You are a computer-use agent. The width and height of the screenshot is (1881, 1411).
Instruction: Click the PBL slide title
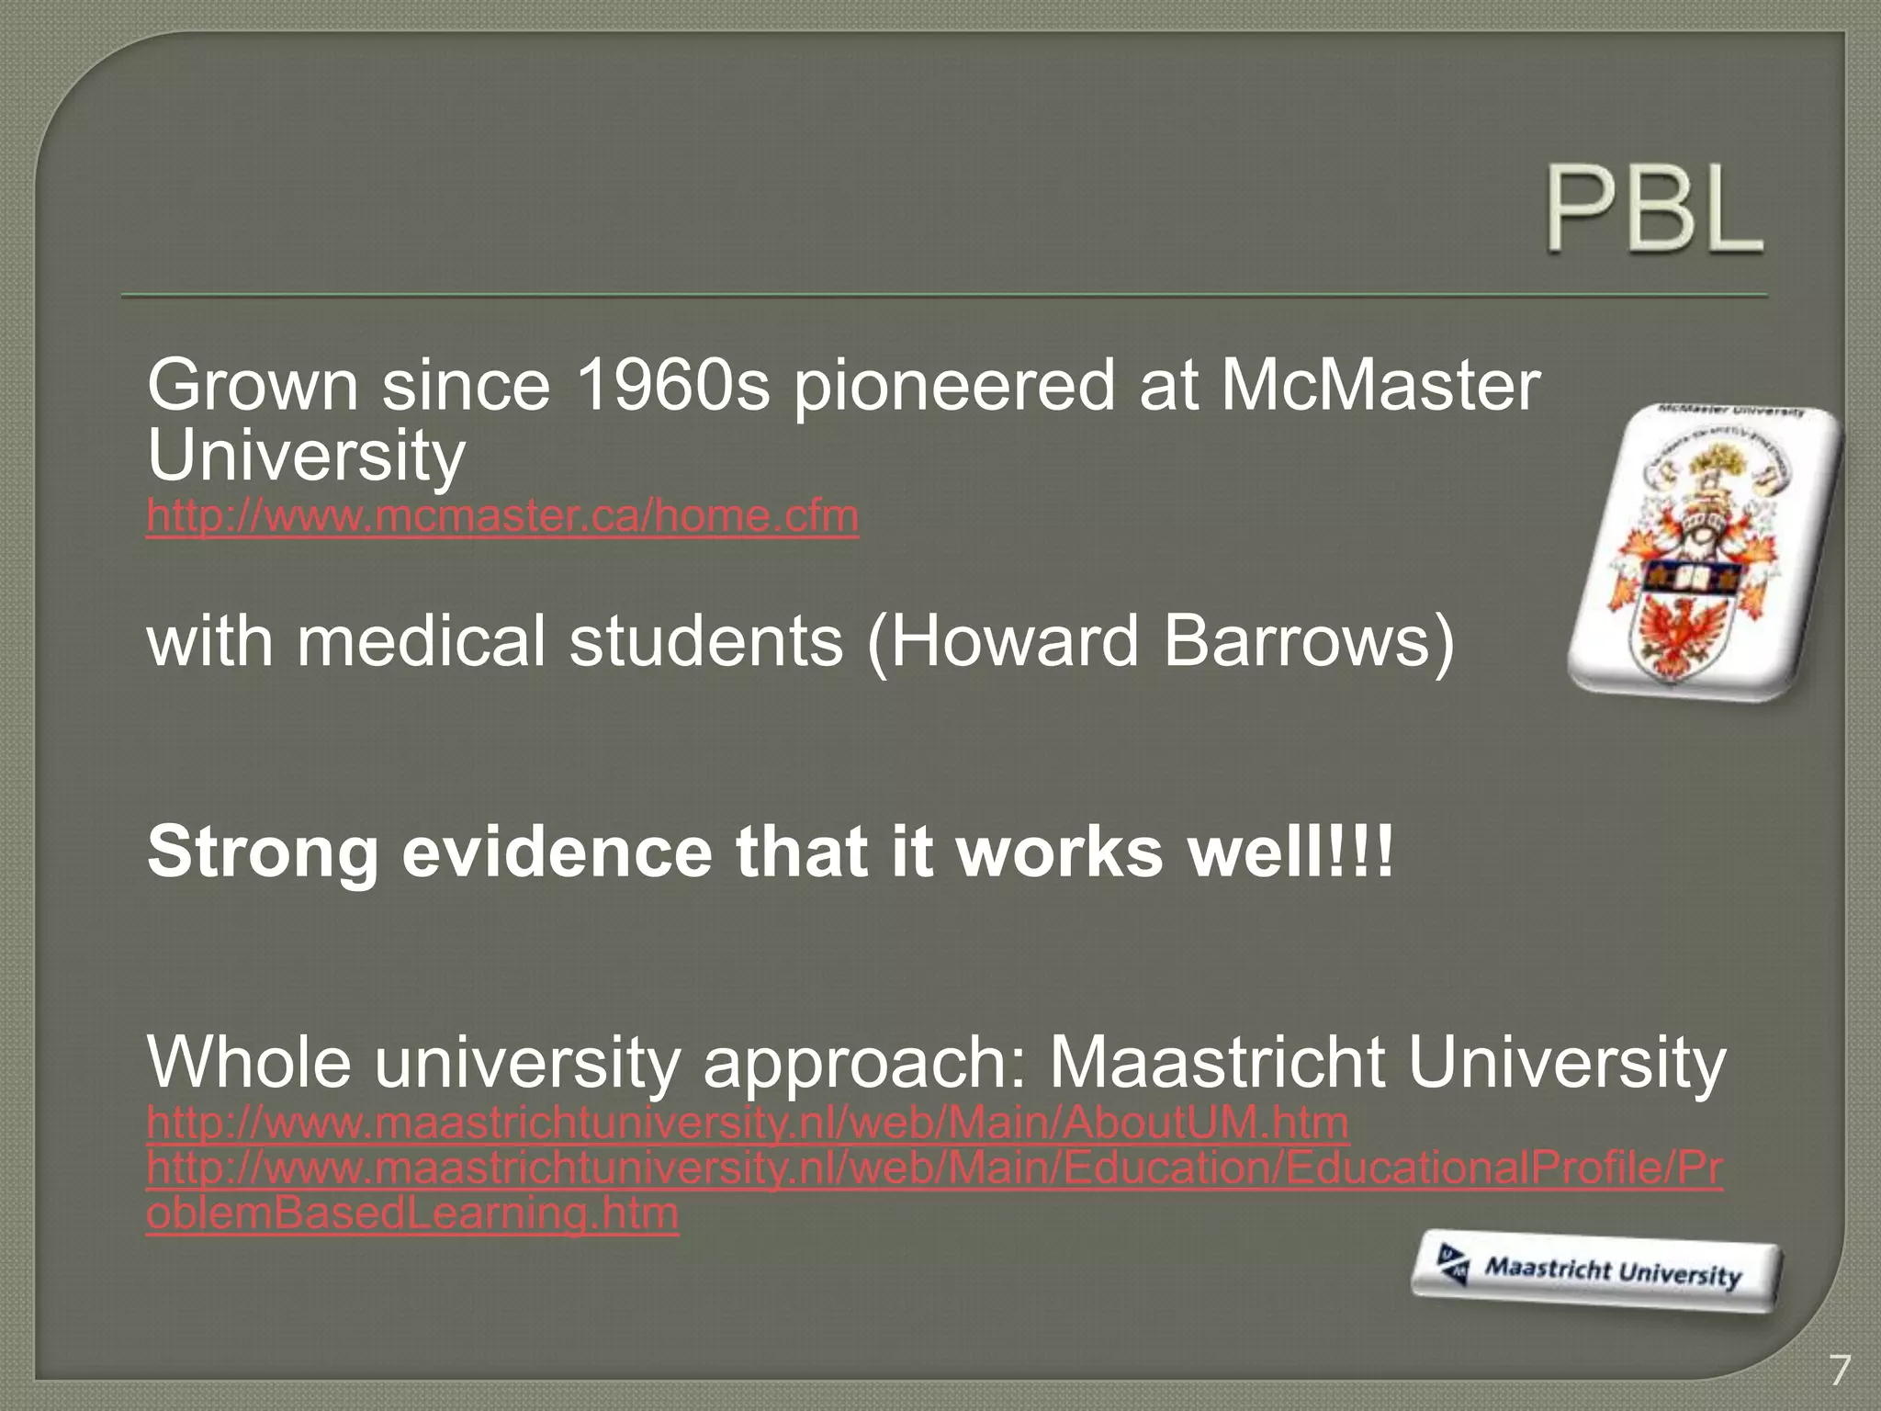[x=1653, y=209]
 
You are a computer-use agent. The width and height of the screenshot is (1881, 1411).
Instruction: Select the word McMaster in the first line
[x=1380, y=386]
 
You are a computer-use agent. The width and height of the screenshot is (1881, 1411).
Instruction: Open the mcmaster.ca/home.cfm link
[x=502, y=516]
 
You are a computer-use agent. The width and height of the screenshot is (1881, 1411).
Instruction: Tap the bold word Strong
[x=263, y=852]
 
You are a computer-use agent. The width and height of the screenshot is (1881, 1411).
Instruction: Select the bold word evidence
[x=557, y=852]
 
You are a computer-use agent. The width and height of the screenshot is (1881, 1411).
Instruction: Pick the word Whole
[x=249, y=1063]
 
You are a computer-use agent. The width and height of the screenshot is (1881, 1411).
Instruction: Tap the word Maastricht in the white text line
[x=1216, y=1063]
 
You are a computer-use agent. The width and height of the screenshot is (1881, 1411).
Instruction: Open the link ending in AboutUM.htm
[x=747, y=1123]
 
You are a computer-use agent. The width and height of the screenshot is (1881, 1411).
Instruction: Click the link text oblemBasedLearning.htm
[x=412, y=1213]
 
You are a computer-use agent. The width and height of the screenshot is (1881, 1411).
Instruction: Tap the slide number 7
[x=1839, y=1371]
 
